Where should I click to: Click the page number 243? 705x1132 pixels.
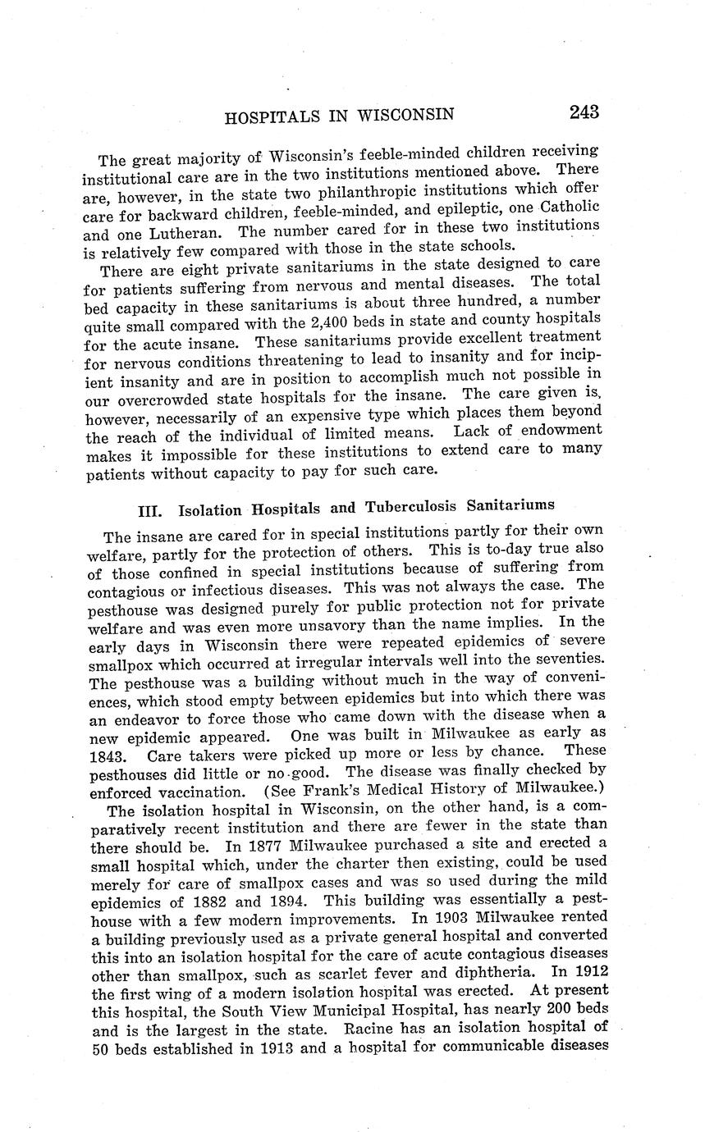[x=581, y=112]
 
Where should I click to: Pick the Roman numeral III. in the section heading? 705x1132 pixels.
[x=153, y=510]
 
